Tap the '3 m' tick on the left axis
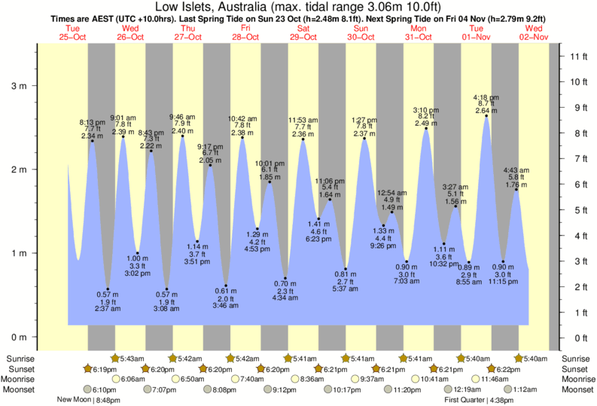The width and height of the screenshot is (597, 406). point(17,86)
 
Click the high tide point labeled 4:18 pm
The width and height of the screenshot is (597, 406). point(486,116)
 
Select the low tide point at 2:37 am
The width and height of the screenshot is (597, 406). point(108,288)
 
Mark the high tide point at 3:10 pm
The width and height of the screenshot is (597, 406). point(426,129)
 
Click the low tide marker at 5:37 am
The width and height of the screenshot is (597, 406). point(346,269)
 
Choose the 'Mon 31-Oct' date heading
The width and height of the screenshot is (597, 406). point(419,32)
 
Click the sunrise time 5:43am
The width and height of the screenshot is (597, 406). point(129,358)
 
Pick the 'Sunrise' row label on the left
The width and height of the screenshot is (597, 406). point(20,358)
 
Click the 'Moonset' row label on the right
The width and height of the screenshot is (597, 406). point(576,389)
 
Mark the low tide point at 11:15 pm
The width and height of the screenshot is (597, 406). point(504,261)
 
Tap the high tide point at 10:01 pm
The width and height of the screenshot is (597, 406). point(270,182)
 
